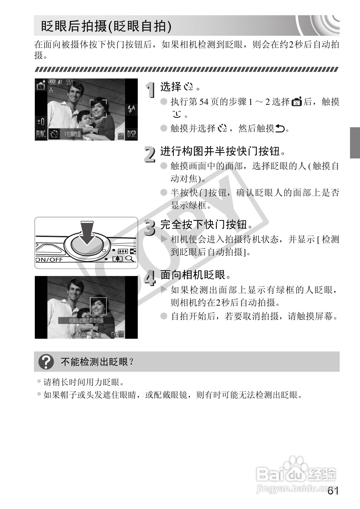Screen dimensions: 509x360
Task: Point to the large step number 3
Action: click(149, 228)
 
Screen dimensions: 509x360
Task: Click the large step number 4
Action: click(150, 278)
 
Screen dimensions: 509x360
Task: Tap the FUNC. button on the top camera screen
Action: click(41, 134)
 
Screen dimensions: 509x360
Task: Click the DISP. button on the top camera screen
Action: click(132, 134)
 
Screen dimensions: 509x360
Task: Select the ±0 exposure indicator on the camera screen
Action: click(41, 122)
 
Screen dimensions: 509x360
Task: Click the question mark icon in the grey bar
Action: click(46, 362)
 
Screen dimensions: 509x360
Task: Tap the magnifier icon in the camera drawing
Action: click(130, 258)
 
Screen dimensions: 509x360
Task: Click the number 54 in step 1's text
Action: click(204, 102)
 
